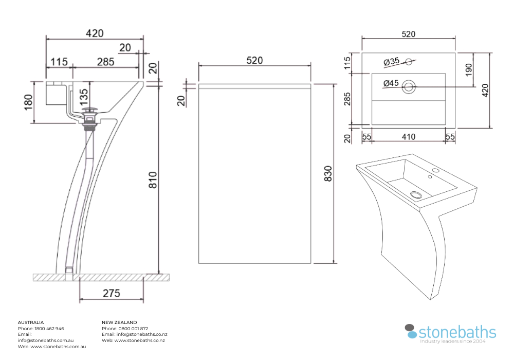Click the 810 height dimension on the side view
click(153, 178)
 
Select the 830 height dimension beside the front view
click(328, 174)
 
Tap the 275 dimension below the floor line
click(111, 293)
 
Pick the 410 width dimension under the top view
click(408, 137)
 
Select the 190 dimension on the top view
click(469, 69)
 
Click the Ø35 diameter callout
click(392, 62)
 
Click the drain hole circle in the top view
click(409, 86)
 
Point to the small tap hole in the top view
click(409, 62)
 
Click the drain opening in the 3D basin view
click(415, 194)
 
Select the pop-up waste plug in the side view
click(90, 110)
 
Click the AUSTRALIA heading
click(31, 322)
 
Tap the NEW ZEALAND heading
click(119, 322)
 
